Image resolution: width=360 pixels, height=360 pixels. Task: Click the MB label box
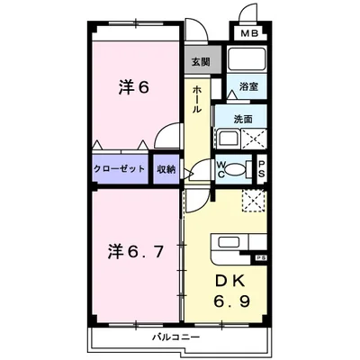click(x=247, y=35)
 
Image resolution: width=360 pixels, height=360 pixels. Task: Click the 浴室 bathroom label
click(x=247, y=87)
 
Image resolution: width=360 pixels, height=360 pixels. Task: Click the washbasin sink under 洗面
click(x=227, y=139)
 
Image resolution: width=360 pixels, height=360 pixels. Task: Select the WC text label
click(x=220, y=169)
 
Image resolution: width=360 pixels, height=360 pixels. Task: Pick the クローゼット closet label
click(x=121, y=169)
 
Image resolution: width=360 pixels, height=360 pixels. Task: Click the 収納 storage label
click(x=166, y=169)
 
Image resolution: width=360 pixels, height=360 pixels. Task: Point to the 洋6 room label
click(x=135, y=88)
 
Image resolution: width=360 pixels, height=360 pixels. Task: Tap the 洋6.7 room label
click(x=138, y=250)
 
